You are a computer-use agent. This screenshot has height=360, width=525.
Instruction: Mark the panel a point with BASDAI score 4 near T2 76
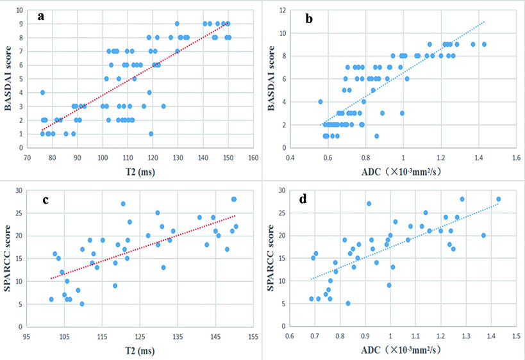(x=42, y=92)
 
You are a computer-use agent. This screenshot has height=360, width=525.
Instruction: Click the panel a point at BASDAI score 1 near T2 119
(x=151, y=134)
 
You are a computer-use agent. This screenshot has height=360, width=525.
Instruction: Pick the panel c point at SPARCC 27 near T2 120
(x=123, y=204)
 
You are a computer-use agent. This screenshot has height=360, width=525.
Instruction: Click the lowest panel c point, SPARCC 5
(x=82, y=304)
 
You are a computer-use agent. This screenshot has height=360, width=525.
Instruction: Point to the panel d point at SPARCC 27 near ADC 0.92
(x=369, y=204)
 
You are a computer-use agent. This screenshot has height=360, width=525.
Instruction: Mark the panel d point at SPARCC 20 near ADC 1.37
(x=484, y=235)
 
